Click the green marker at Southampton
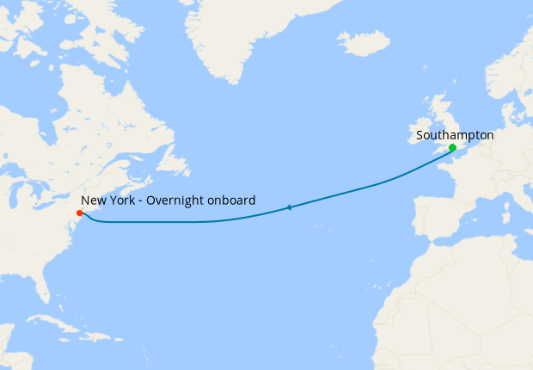452,148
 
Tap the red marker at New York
79,213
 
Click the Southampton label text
454,135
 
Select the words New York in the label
106,200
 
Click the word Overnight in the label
175,200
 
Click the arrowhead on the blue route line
290,207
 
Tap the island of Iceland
363,43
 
